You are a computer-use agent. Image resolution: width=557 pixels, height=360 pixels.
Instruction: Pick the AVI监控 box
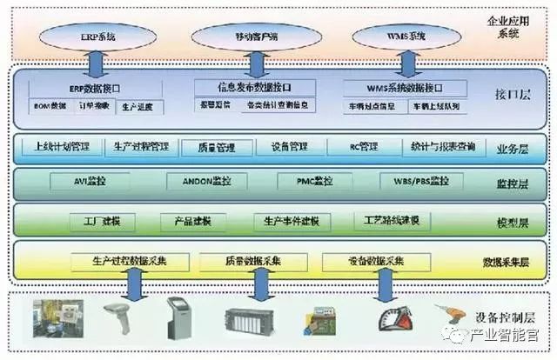coord(91,181)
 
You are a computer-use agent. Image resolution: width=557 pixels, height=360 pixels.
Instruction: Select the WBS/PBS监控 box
coord(415,181)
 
